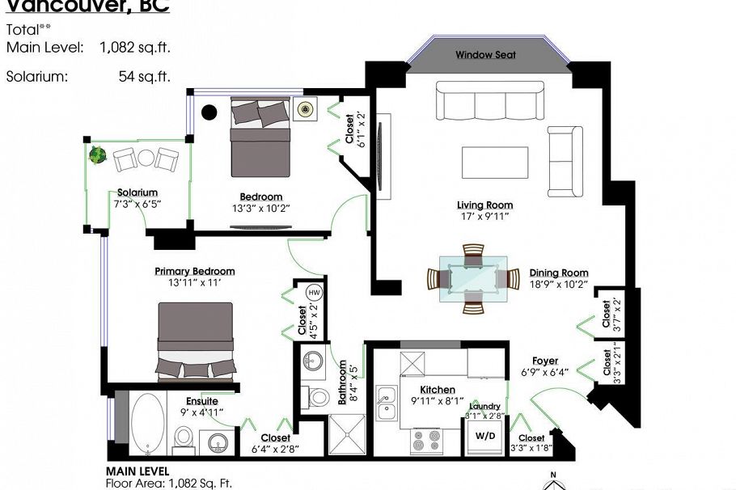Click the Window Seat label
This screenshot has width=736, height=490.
click(x=485, y=55)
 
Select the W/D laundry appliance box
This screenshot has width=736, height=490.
click(x=485, y=436)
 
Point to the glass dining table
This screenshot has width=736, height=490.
click(x=473, y=278)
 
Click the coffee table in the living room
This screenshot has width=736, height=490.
click(x=495, y=162)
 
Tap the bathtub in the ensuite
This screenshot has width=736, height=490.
click(x=147, y=423)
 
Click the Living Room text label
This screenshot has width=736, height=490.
click(x=485, y=205)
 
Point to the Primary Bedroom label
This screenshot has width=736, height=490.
click(x=195, y=272)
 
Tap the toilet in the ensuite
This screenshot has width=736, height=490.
click(x=184, y=437)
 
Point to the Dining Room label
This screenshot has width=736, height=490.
click(x=559, y=273)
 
